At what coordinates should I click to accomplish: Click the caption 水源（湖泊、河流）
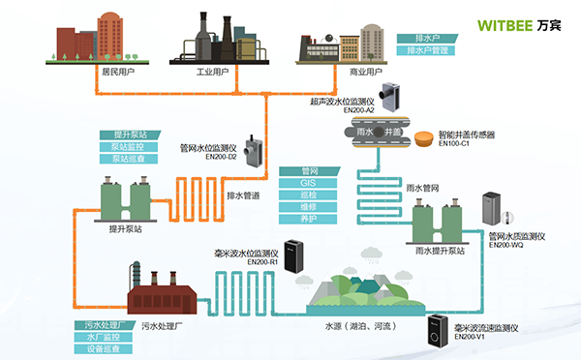pos(357,326)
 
